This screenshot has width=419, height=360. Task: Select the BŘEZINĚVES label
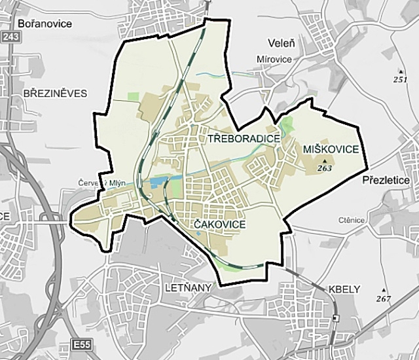coord(54,93)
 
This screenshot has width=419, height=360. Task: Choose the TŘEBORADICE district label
coord(244,139)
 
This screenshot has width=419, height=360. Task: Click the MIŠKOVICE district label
coord(331,150)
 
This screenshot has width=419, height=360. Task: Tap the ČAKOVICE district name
coord(221,225)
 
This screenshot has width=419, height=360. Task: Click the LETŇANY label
coord(181,287)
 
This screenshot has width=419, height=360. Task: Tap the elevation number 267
coord(384,298)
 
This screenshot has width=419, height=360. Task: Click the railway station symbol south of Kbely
coord(335,319)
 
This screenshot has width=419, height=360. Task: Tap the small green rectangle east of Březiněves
coord(134,96)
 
